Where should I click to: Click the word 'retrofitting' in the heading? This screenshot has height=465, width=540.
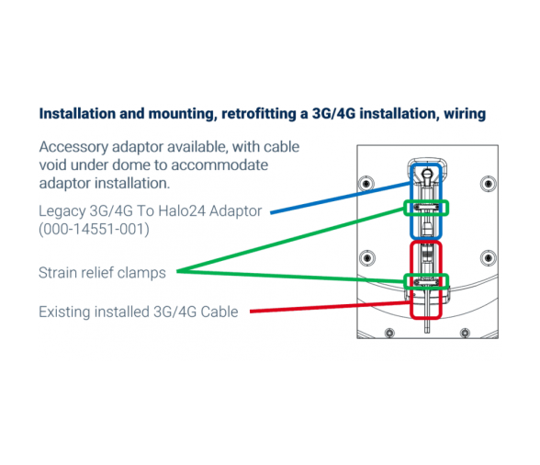point(258,114)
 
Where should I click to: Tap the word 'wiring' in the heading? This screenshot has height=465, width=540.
point(465,114)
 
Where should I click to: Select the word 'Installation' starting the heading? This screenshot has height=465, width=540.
point(77,114)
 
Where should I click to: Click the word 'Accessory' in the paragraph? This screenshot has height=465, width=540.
point(73,147)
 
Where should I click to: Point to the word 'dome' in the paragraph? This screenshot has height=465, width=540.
point(131,165)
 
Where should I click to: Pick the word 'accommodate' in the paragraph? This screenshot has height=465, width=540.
point(219,165)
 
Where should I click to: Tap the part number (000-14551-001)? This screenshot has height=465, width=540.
point(94,229)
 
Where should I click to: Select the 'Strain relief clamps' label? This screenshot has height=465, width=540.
point(102,273)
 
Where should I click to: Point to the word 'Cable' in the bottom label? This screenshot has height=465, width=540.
point(219,312)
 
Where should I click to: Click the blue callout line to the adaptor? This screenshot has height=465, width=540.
point(341,198)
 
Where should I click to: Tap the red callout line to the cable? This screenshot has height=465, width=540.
point(331,307)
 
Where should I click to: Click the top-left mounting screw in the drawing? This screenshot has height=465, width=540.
point(366,184)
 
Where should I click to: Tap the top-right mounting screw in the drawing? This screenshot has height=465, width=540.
point(488,184)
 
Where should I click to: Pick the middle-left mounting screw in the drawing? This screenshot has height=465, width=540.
point(367,258)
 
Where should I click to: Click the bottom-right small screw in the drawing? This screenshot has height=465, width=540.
point(465,333)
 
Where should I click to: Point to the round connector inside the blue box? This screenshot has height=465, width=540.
point(427,173)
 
